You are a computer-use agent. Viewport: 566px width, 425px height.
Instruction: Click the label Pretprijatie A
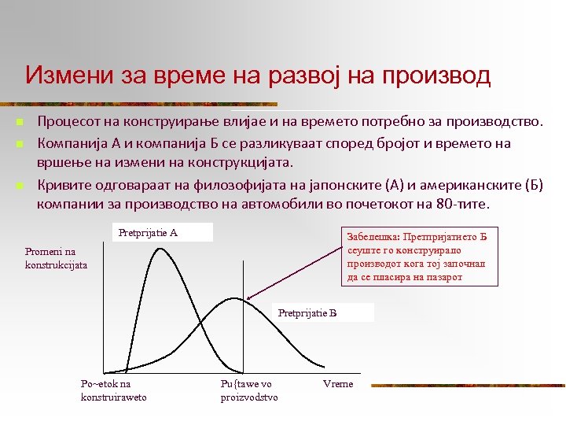pos(148,233)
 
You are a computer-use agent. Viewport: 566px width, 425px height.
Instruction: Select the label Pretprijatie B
pos(307,313)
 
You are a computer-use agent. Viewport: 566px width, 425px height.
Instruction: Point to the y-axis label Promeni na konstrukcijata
pos(56,258)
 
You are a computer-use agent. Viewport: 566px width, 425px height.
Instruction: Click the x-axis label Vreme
pos(338,384)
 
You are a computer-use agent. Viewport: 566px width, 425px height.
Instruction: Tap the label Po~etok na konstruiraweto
pos(113,390)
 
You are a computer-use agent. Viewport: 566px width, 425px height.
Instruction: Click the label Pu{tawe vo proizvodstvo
pos(249,390)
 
